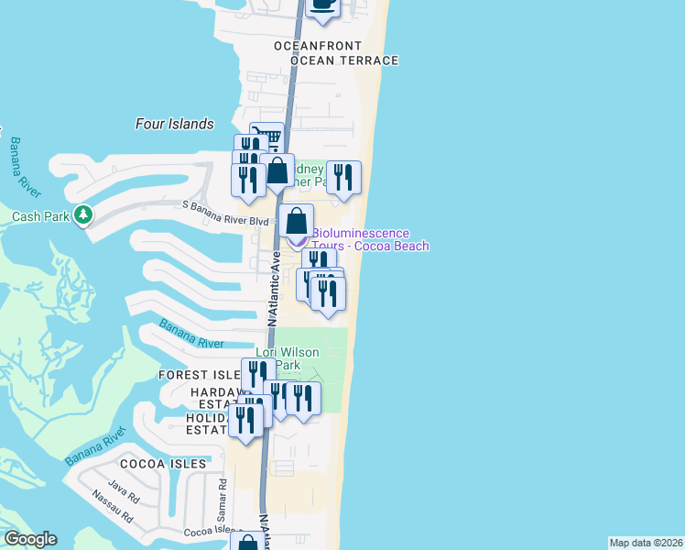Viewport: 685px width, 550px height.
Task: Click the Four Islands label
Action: point(174,124)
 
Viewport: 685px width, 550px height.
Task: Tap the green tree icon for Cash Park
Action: point(84,214)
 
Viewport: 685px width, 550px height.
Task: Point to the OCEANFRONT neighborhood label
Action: point(321,45)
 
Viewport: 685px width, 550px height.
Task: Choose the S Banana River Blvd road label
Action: point(226,220)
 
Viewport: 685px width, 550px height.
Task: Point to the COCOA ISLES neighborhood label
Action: point(162,464)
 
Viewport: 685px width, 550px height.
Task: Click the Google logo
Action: point(29,539)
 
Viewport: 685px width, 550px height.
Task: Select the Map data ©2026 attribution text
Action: point(646,543)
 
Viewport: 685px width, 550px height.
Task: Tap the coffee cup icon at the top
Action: point(321,5)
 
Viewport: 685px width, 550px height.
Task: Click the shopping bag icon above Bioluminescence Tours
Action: point(297,221)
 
